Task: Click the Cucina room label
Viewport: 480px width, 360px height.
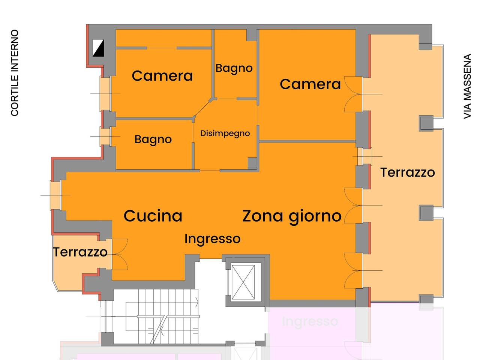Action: click(153, 216)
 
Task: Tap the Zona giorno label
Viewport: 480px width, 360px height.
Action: click(292, 216)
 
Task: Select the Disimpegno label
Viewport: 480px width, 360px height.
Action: click(225, 133)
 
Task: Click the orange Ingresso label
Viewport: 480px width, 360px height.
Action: click(212, 239)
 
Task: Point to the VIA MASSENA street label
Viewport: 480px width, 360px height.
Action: click(467, 87)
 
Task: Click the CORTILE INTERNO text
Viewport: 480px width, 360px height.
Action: click(15, 73)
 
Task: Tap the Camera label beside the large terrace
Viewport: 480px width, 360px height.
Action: click(310, 84)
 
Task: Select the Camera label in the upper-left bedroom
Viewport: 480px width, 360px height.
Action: click(162, 76)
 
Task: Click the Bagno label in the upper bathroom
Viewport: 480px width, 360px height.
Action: click(234, 68)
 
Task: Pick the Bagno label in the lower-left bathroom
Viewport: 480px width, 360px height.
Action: click(153, 139)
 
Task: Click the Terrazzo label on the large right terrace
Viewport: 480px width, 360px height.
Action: click(407, 172)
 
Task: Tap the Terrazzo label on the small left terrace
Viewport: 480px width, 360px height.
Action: click(80, 252)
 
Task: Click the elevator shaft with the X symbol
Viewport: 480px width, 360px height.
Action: click(246, 282)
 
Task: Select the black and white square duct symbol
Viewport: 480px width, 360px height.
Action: click(98, 48)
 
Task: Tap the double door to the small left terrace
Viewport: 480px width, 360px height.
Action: click(119, 254)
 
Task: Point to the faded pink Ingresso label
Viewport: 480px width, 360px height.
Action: click(310, 321)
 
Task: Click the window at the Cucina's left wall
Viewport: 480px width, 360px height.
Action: click(55, 195)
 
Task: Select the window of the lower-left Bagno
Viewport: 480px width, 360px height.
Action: click(105, 136)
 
